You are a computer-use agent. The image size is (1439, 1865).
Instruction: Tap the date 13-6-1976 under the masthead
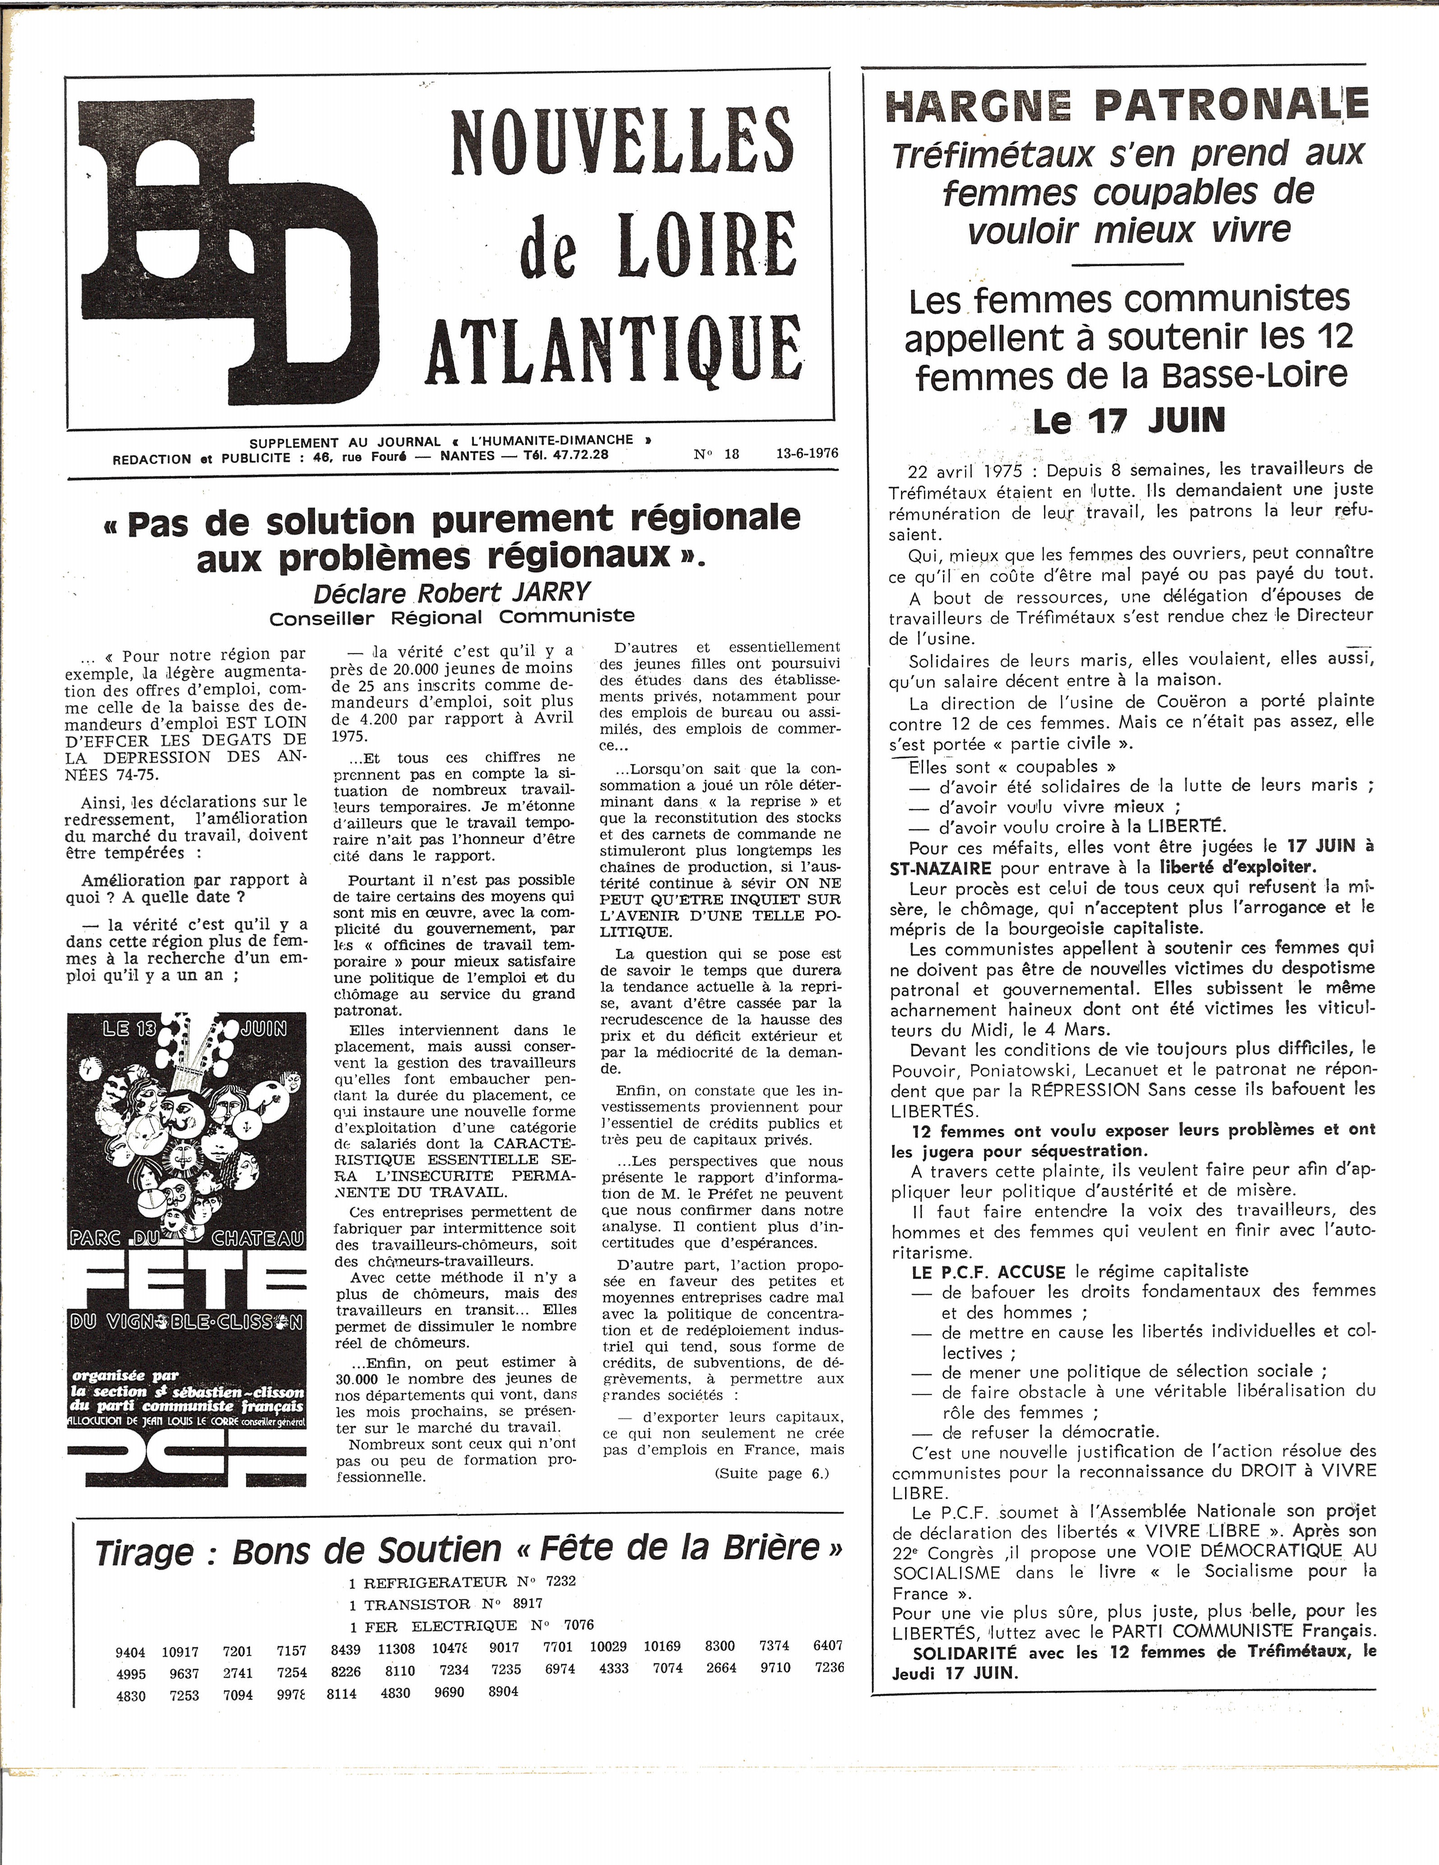coord(807,454)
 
